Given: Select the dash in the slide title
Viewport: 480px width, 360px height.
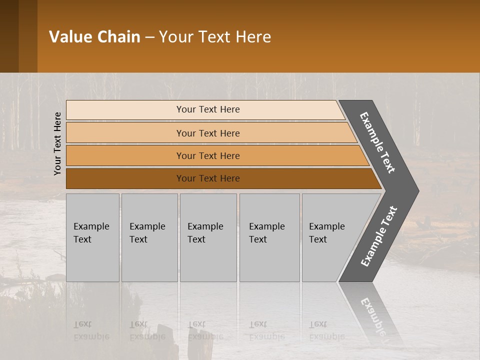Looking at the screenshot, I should coord(149,37).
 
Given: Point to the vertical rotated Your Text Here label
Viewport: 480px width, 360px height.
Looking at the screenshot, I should coord(57,143).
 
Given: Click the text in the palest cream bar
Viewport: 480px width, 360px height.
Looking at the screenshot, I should coord(208,109).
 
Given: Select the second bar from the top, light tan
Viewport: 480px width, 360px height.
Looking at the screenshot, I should coord(208,133).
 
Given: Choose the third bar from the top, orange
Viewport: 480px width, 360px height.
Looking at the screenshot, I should coord(208,156).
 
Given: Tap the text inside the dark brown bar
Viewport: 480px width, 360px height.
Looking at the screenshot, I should coord(208,178).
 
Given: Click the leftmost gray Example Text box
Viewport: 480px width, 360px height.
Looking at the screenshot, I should coord(92,237).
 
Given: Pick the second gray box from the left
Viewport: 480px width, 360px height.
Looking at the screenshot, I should coord(149,237).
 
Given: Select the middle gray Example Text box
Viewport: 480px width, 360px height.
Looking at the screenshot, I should coord(208,237).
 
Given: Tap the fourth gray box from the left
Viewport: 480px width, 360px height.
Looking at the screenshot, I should coord(269,237).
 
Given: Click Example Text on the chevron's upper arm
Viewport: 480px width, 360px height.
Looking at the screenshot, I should coord(377,142).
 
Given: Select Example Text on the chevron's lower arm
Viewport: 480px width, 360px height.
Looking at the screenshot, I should coord(379,236).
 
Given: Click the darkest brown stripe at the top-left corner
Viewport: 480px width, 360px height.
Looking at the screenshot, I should coord(9,36).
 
